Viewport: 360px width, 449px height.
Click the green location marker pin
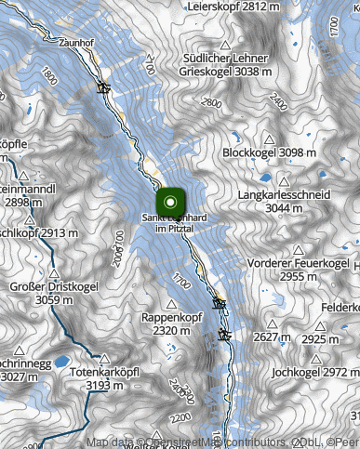click(x=170, y=201)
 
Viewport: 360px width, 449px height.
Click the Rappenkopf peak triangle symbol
click(x=172, y=304)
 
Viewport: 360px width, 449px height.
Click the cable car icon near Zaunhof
click(x=103, y=89)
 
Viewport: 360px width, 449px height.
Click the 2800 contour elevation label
click(x=211, y=103)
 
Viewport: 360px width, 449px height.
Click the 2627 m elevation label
click(x=272, y=337)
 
